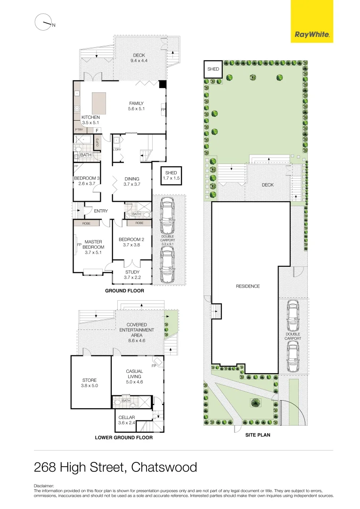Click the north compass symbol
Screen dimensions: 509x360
tap(43, 22)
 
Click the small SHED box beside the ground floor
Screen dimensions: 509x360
tap(171, 176)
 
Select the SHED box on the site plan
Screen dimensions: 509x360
tap(213, 69)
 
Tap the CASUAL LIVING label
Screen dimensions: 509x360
tap(134, 377)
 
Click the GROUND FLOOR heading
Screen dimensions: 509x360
tap(124, 291)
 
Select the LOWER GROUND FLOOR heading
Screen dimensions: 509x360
tap(123, 438)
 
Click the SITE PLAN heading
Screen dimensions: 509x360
tap(258, 435)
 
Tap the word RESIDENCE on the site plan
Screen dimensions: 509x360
tap(248, 286)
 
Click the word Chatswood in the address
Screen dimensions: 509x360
tap(164, 468)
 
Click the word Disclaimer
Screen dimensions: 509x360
tap(44, 485)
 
